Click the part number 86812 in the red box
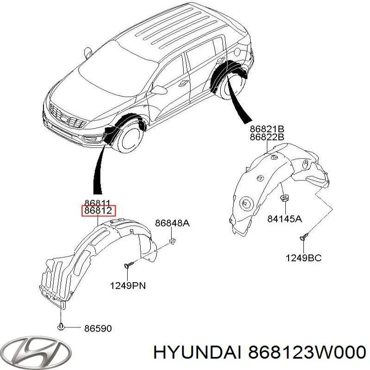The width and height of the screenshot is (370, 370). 99,210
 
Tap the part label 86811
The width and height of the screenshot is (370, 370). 98,203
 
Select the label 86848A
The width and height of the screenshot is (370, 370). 172,223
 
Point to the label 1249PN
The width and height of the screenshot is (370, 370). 128,286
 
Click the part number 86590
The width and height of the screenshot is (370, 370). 98,328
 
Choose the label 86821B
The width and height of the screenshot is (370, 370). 267,129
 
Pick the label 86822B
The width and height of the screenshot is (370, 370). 267,137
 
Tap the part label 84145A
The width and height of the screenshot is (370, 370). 284,219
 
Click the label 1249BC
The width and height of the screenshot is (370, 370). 303,258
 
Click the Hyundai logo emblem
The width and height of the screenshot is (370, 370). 36,352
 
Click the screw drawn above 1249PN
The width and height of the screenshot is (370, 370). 129,264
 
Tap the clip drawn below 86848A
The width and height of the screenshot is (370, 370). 173,241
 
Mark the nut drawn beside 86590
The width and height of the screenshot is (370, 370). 61,327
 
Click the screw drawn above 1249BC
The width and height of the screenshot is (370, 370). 304,236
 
